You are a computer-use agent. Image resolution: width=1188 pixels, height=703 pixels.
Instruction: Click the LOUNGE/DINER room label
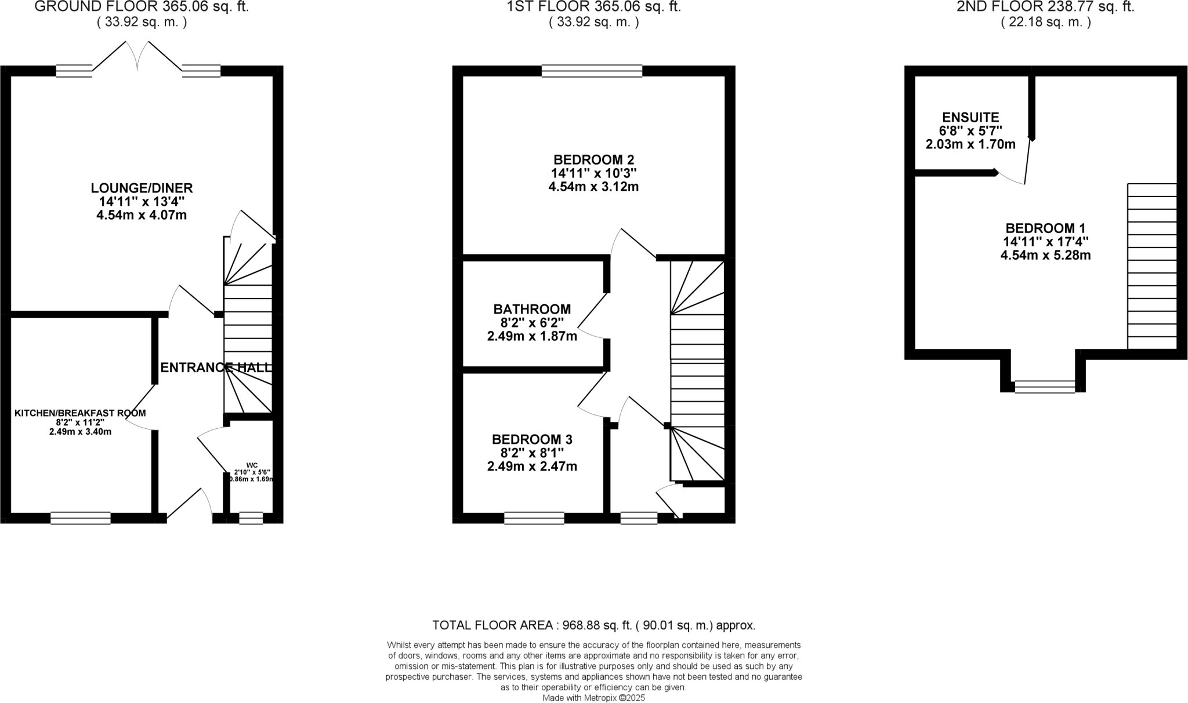[142, 188]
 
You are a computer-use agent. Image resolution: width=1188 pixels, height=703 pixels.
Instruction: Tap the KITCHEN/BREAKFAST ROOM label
[80, 413]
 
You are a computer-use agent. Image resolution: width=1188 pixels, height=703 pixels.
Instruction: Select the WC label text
[252, 465]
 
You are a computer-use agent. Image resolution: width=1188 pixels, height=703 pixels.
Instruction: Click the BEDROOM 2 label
[593, 159]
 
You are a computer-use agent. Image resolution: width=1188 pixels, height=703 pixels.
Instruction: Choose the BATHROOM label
[532, 309]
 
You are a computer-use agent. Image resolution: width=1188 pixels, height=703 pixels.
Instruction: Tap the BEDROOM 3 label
[532, 439]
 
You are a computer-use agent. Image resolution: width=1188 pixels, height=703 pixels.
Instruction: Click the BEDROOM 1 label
[1045, 228]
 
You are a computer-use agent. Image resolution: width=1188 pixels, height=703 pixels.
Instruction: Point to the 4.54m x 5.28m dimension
[1045, 255]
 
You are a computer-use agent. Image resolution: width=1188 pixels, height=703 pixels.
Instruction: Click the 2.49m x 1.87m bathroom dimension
[532, 336]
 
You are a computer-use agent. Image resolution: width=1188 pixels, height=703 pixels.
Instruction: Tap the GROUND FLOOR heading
[142, 7]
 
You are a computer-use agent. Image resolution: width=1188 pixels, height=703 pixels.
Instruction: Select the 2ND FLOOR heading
[1045, 7]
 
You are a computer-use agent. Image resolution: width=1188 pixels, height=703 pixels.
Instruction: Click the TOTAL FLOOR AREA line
[593, 625]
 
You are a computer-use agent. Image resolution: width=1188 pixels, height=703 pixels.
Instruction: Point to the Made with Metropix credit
[593, 698]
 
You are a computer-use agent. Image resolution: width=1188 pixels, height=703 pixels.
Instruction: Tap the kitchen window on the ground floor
[81, 518]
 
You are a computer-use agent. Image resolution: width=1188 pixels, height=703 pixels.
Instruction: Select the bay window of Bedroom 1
[1045, 387]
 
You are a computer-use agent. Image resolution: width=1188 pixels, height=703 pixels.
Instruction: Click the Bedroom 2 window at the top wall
[592, 71]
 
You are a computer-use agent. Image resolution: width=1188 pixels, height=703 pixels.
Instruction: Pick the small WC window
[251, 518]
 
